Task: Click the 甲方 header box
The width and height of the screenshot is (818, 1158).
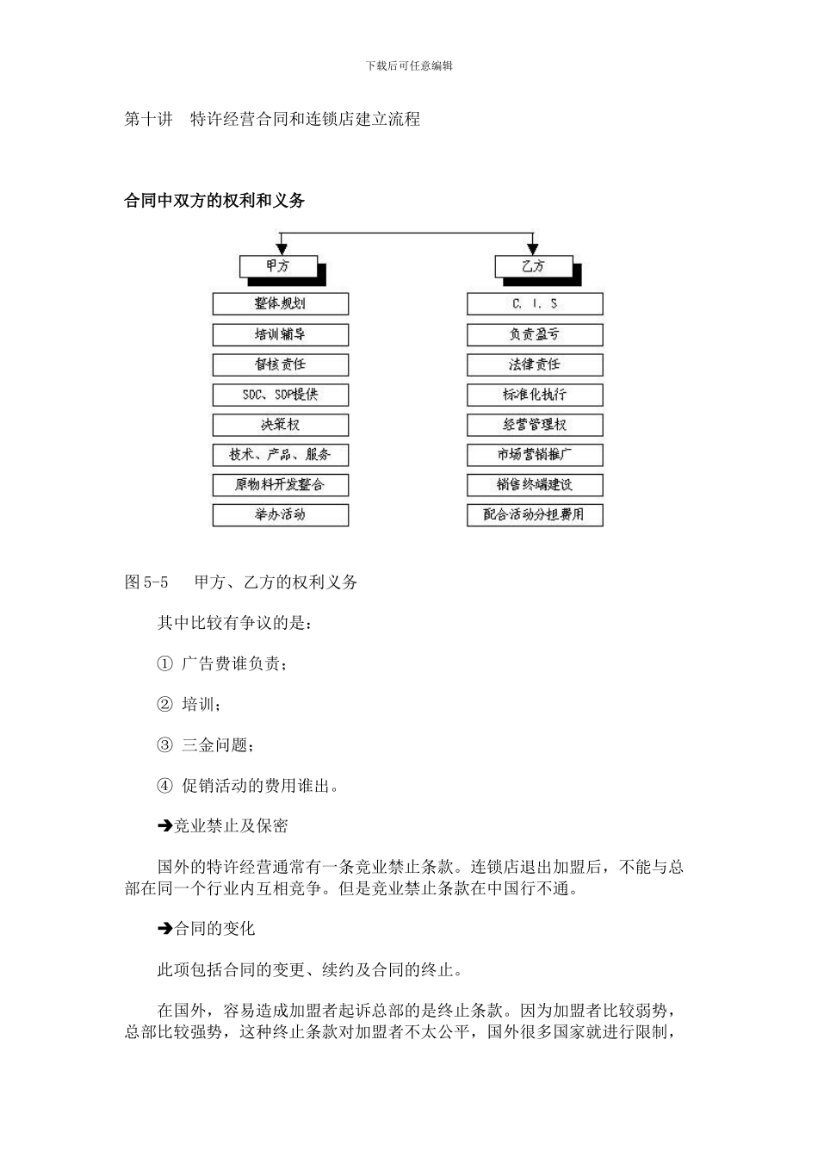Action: point(279,266)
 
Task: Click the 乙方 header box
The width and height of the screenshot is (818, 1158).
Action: point(534,266)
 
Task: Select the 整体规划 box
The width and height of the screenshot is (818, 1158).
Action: point(280,303)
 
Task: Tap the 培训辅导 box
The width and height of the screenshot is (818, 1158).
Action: point(280,334)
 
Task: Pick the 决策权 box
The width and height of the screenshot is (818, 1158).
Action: point(280,425)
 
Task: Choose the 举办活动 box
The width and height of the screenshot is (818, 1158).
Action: point(280,515)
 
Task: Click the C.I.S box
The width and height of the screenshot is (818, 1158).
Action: point(535,303)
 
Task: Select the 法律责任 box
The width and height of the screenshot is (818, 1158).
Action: point(535,364)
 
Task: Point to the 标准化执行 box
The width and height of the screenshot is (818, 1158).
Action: point(535,395)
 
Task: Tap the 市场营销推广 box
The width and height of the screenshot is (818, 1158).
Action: point(535,455)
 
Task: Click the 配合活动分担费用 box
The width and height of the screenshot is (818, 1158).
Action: point(535,515)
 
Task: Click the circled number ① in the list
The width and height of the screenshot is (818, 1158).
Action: point(165,663)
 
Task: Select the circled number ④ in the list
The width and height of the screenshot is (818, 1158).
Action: point(165,786)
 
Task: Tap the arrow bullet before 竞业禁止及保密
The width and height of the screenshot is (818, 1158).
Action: point(164,826)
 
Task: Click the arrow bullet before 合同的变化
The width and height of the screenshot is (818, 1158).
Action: point(164,929)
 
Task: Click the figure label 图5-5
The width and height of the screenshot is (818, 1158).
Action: point(146,582)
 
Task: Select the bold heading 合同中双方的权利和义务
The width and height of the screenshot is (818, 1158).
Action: point(215,201)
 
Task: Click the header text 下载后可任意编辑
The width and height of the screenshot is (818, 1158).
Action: point(409,65)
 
